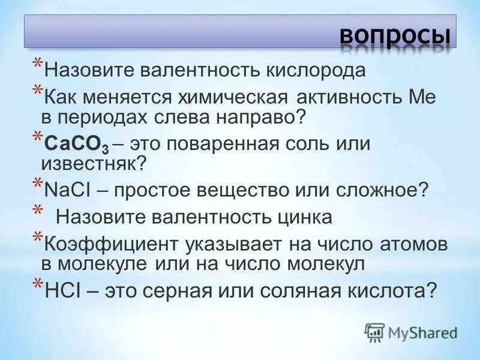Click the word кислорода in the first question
316,70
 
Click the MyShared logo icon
375,332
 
